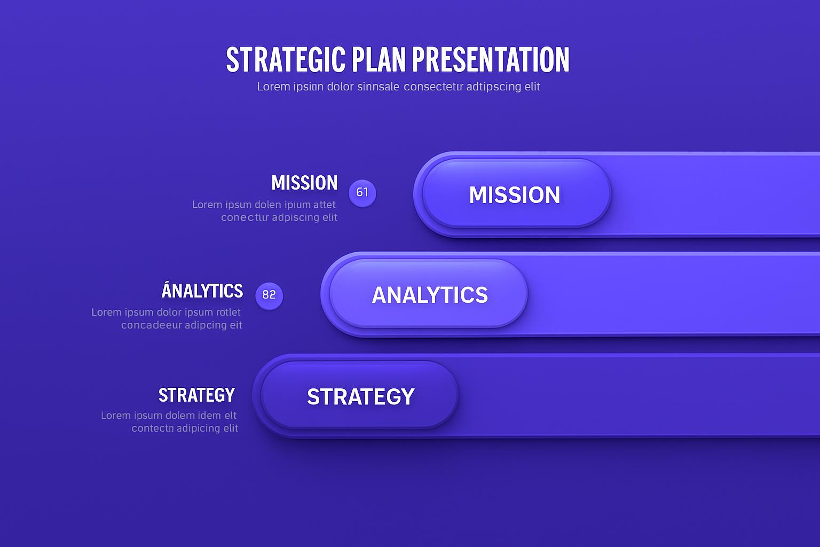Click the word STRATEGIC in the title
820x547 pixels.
click(x=286, y=59)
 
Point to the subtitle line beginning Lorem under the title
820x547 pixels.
click(x=398, y=87)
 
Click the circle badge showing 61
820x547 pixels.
click(x=362, y=192)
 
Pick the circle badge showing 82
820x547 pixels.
click(x=269, y=295)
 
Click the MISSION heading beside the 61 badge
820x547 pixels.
click(x=304, y=183)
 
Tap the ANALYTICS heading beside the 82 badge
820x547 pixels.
click(x=202, y=291)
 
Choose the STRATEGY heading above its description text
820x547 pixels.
click(x=196, y=395)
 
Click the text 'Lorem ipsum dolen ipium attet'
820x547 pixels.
click(x=264, y=205)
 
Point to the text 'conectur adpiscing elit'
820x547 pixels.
click(x=279, y=217)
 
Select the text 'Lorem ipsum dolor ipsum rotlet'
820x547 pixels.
click(x=166, y=312)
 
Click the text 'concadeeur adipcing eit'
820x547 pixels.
click(x=182, y=325)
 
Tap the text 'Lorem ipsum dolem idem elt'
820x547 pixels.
click(x=169, y=415)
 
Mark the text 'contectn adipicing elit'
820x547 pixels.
click(x=185, y=428)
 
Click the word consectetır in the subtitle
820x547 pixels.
click(x=433, y=87)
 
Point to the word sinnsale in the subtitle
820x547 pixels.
click(x=378, y=87)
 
